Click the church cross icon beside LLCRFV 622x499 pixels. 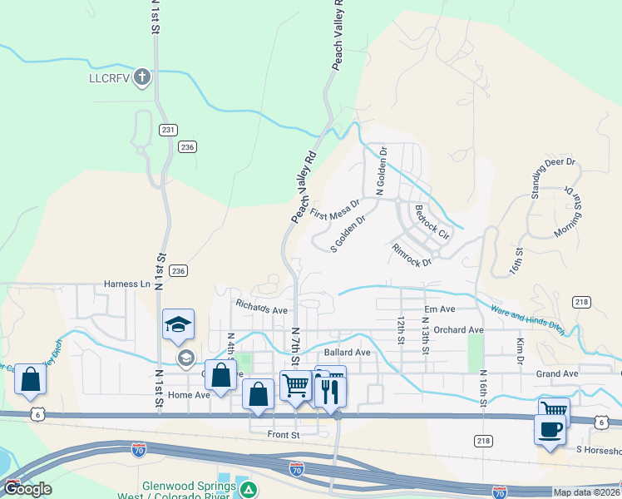coord(142,79)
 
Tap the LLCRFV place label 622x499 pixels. coord(111,79)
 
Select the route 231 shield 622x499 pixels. coord(168,129)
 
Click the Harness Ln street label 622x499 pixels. coord(126,284)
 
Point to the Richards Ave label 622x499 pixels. coord(261,305)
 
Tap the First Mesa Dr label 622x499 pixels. coord(335,209)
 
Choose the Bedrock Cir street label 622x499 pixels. coord(431,221)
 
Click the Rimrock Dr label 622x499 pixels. coord(412,254)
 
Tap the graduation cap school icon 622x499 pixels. coord(178,324)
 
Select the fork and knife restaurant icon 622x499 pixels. coord(331,391)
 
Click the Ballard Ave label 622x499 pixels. coord(347,352)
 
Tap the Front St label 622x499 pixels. coord(283,434)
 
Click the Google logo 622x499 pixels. coord(27,489)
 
